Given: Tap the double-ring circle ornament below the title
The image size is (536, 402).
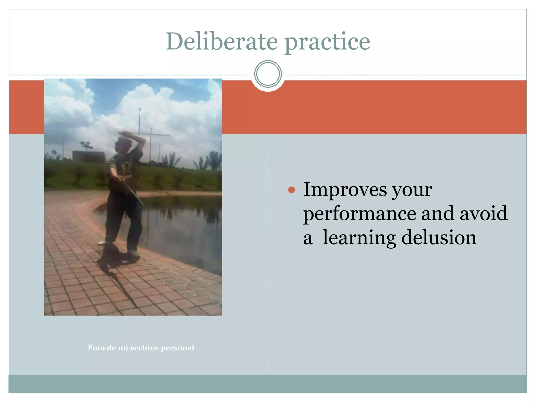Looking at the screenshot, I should pyautogui.click(x=268, y=74).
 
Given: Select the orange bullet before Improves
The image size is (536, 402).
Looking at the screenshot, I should pyautogui.click(x=291, y=190).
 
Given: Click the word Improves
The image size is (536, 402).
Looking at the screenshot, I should pyautogui.click(x=345, y=189).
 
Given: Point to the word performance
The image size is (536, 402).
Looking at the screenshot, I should pyautogui.click(x=359, y=213).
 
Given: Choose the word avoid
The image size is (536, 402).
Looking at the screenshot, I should pyautogui.click(x=483, y=213).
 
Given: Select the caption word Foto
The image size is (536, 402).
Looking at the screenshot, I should pyautogui.click(x=96, y=348).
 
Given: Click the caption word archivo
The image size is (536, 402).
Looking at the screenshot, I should pyautogui.click(x=144, y=348).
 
